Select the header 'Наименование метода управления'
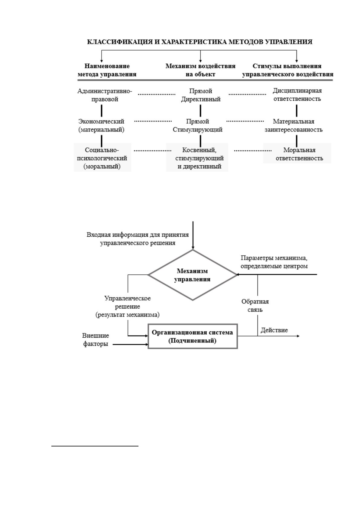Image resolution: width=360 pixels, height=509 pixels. (x=107, y=70)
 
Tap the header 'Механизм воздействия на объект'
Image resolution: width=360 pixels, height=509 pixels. (x=200, y=70)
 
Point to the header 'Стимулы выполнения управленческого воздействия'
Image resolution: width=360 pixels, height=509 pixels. (x=287, y=70)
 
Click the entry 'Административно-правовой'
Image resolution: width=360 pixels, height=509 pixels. (x=105, y=95)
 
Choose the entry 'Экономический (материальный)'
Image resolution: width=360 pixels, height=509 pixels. (x=101, y=125)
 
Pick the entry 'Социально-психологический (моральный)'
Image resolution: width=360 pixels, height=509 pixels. (x=102, y=158)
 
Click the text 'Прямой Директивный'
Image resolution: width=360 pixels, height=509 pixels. (x=201, y=95)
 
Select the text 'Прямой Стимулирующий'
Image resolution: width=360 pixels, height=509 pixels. (x=197, y=125)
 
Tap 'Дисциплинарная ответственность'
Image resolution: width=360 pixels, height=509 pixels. (x=297, y=95)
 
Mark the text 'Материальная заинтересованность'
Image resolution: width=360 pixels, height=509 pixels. (x=294, y=125)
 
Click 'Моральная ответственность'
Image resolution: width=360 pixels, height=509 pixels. (x=299, y=154)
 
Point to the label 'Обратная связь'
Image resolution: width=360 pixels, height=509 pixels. (x=255, y=306)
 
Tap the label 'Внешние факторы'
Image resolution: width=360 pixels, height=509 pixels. (x=96, y=340)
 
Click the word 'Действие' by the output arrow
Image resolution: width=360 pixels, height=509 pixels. (x=274, y=330)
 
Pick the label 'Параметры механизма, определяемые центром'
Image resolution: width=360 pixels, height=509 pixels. (x=274, y=262)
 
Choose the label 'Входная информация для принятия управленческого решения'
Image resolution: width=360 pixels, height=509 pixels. (x=138, y=239)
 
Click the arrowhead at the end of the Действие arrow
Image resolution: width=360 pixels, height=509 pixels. (x=298, y=336)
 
